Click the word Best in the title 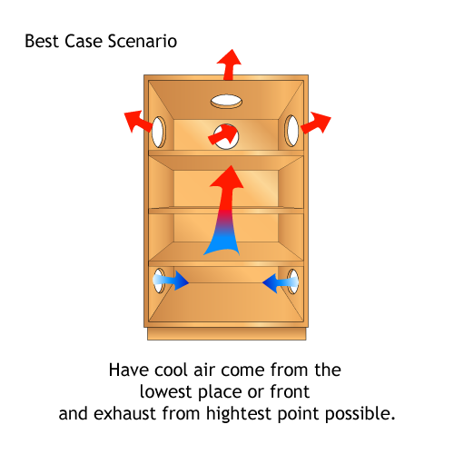[42, 41]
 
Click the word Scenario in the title [143, 41]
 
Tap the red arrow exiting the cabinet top [229, 64]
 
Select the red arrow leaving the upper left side [138, 121]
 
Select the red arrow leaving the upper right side [316, 123]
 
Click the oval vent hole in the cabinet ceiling [226, 101]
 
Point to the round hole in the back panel [226, 136]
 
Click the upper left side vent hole [159, 132]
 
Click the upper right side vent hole [292, 131]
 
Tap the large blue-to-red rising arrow [225, 212]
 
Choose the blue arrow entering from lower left [171, 281]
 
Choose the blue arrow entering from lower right [281, 282]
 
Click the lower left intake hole [159, 281]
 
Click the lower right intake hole [293, 281]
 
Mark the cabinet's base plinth [227, 333]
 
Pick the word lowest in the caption [166, 391]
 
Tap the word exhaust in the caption [126, 413]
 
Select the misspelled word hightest [239, 413]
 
